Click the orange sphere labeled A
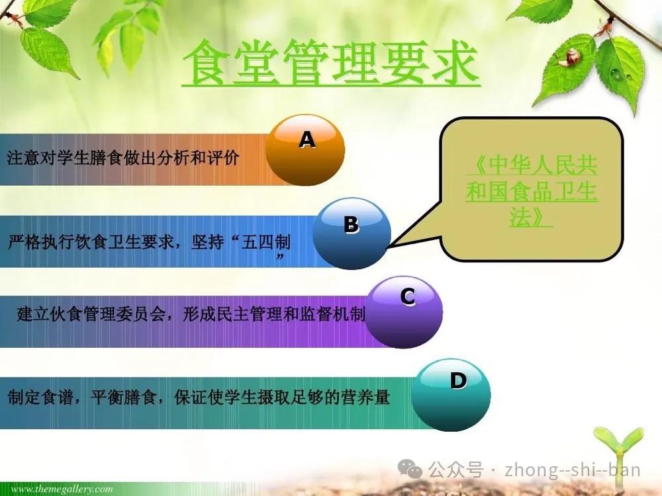(x=305, y=151)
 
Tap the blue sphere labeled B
(x=352, y=233)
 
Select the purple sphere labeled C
(x=404, y=312)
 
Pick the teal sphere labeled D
(x=451, y=395)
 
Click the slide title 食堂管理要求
(x=332, y=63)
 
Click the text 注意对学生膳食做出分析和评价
(x=123, y=158)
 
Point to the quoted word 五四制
(x=265, y=242)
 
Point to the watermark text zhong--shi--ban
(x=573, y=470)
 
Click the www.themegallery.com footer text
(x=62, y=489)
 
